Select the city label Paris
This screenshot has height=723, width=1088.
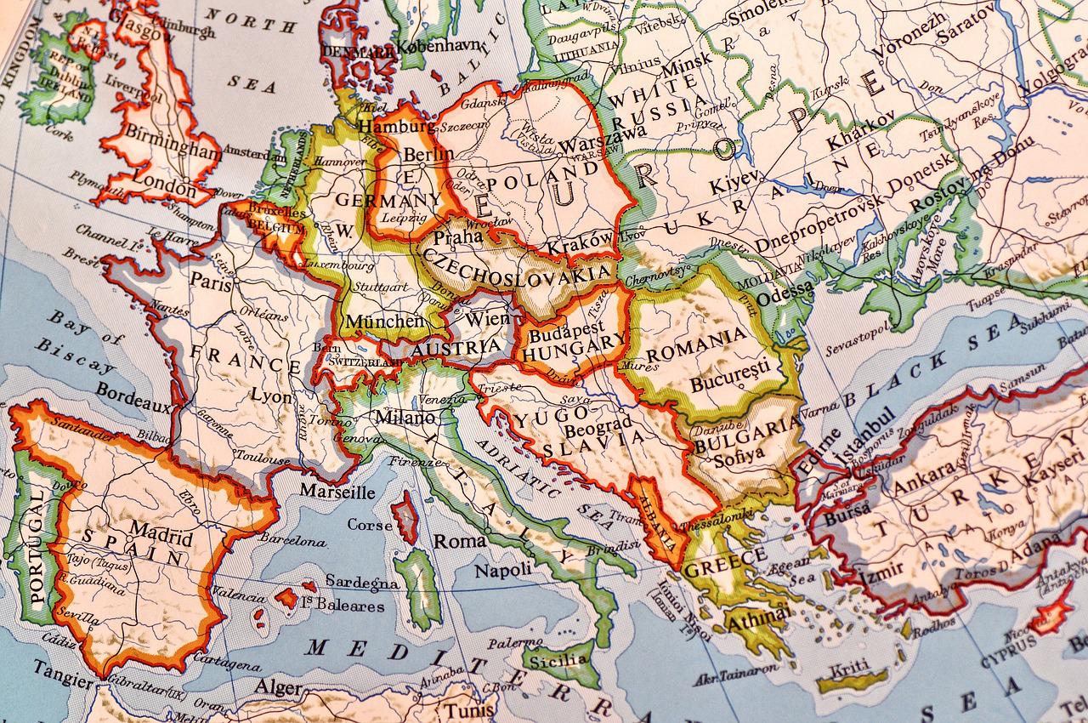tap(211, 282)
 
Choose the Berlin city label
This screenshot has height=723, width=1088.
tap(428, 155)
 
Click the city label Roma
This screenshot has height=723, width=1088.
tap(460, 540)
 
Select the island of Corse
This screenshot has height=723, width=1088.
tap(404, 517)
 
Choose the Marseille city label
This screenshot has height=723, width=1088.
tap(337, 492)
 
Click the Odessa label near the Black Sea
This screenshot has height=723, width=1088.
tap(785, 293)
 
